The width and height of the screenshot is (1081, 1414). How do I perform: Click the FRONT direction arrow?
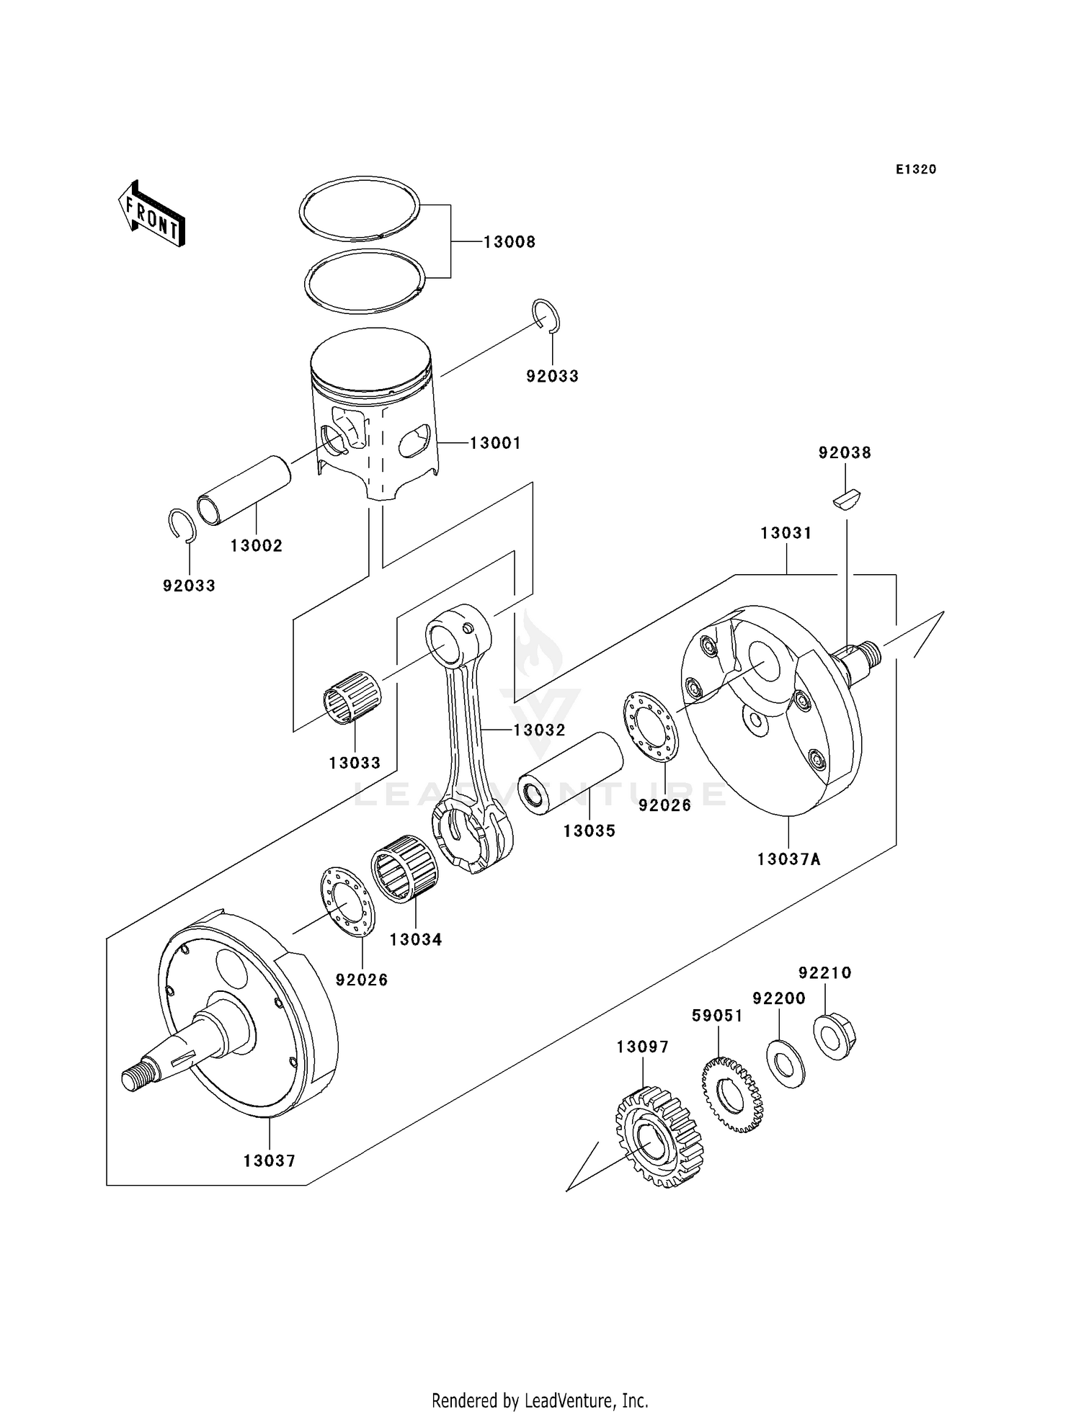click(152, 214)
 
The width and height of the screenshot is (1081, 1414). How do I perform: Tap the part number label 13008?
click(509, 242)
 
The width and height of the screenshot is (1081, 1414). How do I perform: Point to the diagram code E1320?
click(916, 169)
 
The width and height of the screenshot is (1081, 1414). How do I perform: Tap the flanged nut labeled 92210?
click(834, 1036)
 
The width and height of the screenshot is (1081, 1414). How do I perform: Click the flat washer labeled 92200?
click(786, 1064)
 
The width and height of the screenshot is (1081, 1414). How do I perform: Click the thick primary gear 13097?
click(658, 1137)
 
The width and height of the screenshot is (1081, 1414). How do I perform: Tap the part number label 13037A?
click(788, 859)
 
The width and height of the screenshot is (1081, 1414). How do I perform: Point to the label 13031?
click(786, 533)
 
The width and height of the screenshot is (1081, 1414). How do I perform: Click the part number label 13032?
click(539, 730)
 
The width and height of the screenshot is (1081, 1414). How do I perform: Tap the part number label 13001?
click(495, 443)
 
